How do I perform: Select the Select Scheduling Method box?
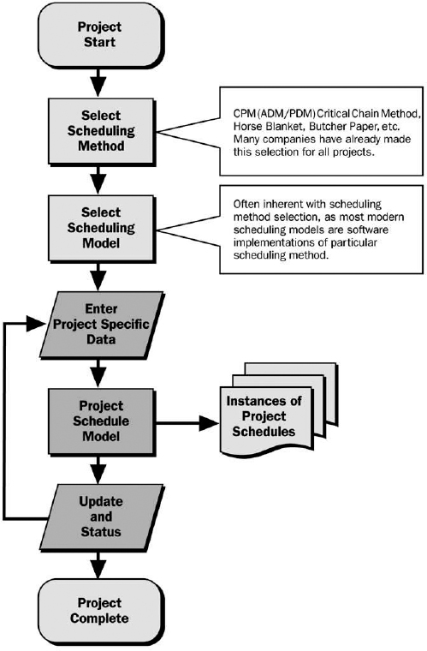(x=101, y=130)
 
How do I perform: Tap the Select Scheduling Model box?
(x=101, y=226)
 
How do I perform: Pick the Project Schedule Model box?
(x=101, y=421)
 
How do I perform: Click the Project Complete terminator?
(x=101, y=610)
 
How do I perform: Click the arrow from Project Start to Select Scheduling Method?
(x=101, y=81)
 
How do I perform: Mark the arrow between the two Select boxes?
(x=101, y=178)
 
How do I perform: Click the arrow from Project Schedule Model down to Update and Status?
(x=101, y=468)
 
